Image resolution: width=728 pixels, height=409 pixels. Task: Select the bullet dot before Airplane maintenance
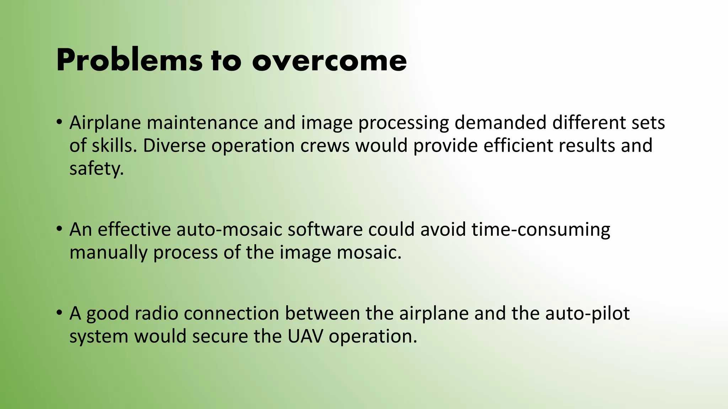tap(59, 122)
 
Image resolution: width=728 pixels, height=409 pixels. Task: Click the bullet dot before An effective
tap(59, 229)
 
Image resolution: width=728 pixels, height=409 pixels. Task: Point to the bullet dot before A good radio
tap(59, 312)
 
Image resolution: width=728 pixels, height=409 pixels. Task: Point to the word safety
tap(96, 169)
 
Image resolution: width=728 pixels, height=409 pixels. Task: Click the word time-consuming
tap(541, 230)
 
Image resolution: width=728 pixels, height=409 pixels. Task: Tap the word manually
tap(108, 253)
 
